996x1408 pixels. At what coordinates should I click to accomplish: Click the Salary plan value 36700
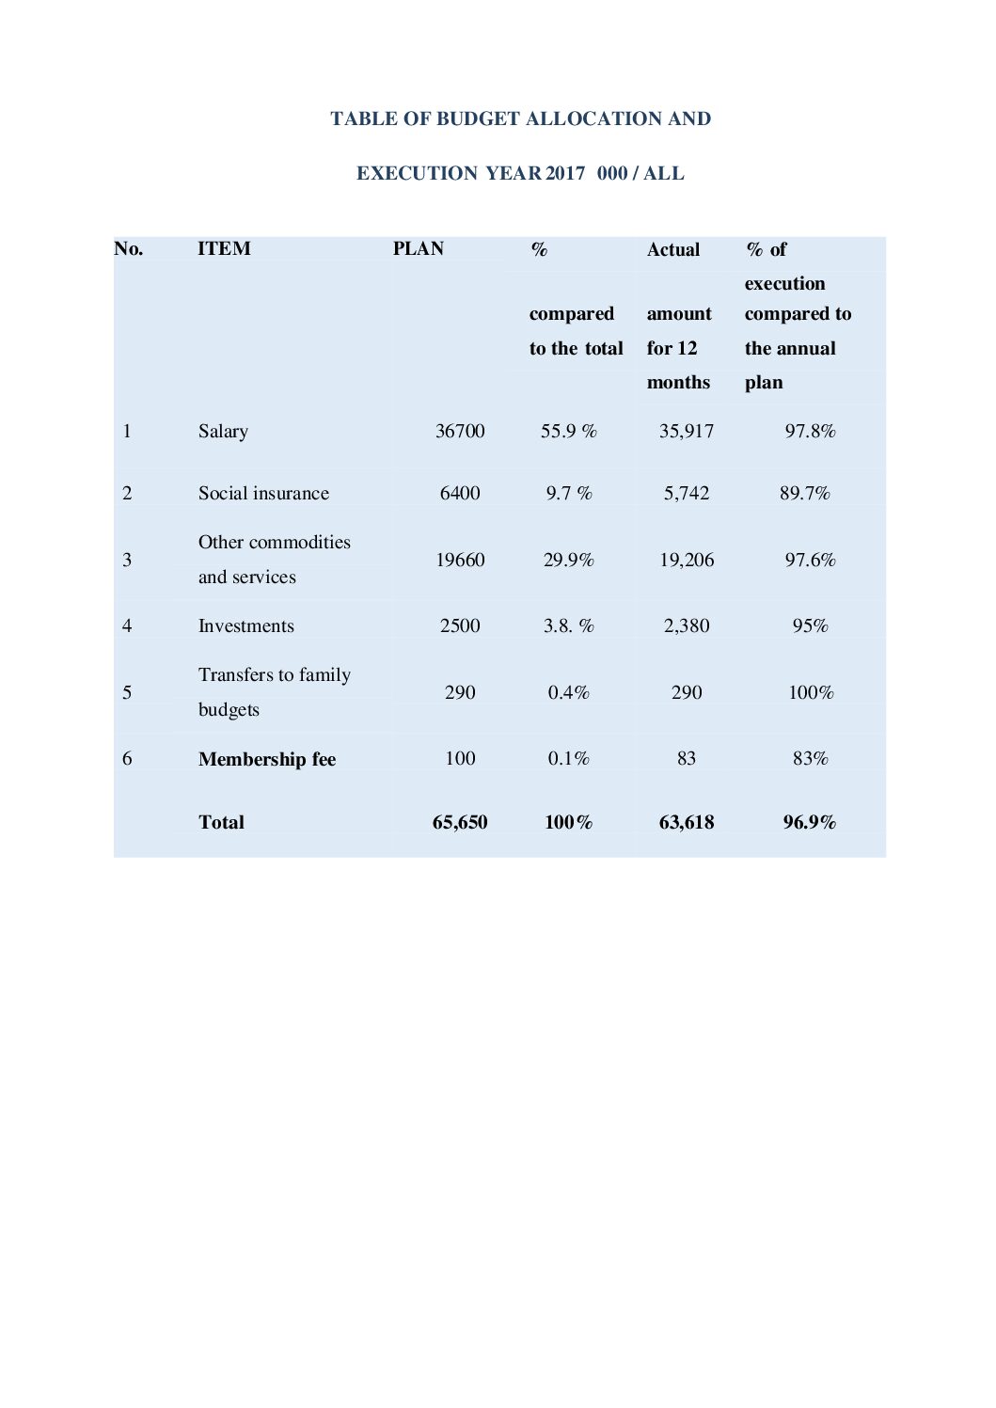tap(460, 432)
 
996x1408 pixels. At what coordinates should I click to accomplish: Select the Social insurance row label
tap(263, 494)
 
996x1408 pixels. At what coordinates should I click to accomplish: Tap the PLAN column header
tap(418, 249)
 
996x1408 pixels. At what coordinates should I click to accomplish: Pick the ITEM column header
tap(224, 249)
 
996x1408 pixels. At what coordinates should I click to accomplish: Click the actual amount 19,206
tap(687, 561)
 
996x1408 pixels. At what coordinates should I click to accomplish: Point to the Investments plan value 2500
tap(460, 626)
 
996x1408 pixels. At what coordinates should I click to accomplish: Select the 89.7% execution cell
tap(805, 494)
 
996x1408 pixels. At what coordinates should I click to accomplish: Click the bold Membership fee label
tap(267, 760)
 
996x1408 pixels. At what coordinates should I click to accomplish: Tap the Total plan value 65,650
tap(460, 823)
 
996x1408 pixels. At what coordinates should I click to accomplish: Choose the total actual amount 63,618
tap(687, 823)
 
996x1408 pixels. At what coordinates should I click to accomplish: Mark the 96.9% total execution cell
tap(810, 823)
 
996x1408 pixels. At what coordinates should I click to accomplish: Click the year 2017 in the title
tap(565, 174)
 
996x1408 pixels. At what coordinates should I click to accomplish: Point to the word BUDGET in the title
tap(478, 119)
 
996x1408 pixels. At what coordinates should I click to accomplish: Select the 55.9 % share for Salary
tap(569, 432)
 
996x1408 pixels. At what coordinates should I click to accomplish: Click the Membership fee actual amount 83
tap(687, 759)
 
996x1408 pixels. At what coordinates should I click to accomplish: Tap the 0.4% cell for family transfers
tap(569, 693)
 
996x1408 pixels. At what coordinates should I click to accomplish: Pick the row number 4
tap(127, 626)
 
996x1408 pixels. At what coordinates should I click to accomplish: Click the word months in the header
tap(678, 383)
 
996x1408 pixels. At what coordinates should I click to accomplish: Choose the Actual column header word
tap(673, 250)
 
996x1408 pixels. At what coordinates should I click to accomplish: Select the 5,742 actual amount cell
tap(687, 494)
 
